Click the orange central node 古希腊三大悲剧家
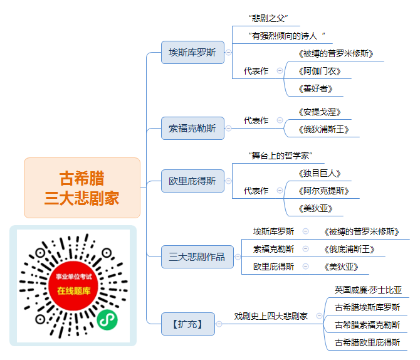pyautogui.click(x=82, y=188)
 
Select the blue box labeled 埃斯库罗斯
pyautogui.click(x=192, y=52)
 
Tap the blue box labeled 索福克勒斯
pyautogui.click(x=192, y=128)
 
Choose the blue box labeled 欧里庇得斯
pyautogui.click(x=192, y=181)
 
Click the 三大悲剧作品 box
pyautogui.click(x=197, y=257)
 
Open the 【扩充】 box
pyautogui.click(x=188, y=324)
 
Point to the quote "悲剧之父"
pyautogui.click(x=268, y=18)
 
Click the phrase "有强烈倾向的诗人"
pyautogui.click(x=286, y=36)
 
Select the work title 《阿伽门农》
pyautogui.click(x=320, y=71)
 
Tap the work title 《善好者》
pyautogui.click(x=315, y=88)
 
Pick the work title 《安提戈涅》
pyautogui.click(x=320, y=112)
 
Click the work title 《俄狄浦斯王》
pyautogui.click(x=323, y=129)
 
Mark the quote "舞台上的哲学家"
pyautogui.click(x=280, y=156)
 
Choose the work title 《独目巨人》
pyautogui.click(x=320, y=173)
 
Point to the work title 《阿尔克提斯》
pyautogui.click(x=323, y=191)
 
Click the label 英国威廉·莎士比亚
pyautogui.click(x=368, y=290)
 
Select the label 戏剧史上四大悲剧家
pyautogui.click(x=271, y=316)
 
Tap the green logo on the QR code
pyautogui.click(x=107, y=320)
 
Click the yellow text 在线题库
pyautogui.click(x=74, y=291)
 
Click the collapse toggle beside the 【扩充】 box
pyautogui.click(x=219, y=324)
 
